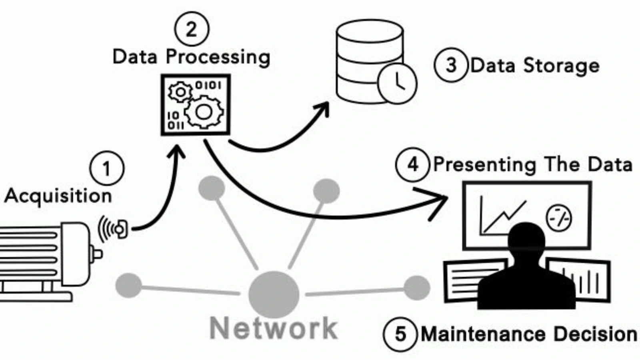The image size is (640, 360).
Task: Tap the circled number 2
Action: pyautogui.click(x=192, y=29)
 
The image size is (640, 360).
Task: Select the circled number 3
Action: pyautogui.click(x=451, y=65)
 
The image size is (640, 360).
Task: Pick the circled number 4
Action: pyautogui.click(x=413, y=164)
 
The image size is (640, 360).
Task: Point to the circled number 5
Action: pyautogui.click(x=400, y=334)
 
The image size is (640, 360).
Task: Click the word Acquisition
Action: pyautogui.click(x=58, y=196)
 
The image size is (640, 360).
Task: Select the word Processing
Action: pyautogui.click(x=218, y=57)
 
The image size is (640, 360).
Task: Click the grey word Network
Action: pyautogui.click(x=274, y=328)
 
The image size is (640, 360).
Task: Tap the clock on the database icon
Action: pyautogui.click(x=397, y=84)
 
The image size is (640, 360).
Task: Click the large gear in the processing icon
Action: pyautogui.click(x=204, y=112)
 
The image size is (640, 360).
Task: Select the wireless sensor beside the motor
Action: pyautogui.click(x=119, y=229)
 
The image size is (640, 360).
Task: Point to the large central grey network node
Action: pyautogui.click(x=274, y=294)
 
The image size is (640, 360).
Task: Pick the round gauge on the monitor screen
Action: pyautogui.click(x=559, y=218)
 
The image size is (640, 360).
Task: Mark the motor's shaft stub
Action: pyautogui.click(x=96, y=254)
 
